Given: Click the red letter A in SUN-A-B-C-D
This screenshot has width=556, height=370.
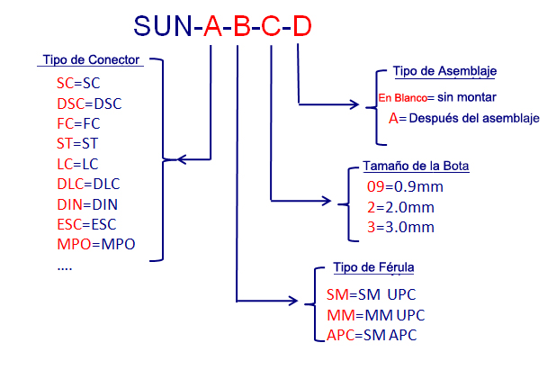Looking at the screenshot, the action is [212, 26].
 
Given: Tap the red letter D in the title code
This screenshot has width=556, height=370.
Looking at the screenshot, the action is [302, 26].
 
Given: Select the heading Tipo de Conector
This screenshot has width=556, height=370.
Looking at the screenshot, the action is [91, 59].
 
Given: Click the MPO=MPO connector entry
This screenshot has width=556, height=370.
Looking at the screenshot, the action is [96, 244].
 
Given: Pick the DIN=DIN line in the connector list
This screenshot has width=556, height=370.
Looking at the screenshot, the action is [87, 204].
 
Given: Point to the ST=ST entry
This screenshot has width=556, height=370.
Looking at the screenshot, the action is [77, 143].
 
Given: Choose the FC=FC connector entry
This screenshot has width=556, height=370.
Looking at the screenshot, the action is [78, 123].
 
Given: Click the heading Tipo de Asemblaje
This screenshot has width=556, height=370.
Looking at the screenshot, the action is [444, 71].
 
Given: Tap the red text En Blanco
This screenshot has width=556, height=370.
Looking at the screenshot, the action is [402, 97].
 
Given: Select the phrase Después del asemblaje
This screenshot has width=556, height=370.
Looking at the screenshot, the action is [474, 118].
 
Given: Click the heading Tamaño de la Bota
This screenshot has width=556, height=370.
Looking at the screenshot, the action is [416, 166].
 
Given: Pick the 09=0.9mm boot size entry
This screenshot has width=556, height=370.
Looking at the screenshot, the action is [405, 186].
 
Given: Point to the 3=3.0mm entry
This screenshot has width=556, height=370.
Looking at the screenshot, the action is [400, 227].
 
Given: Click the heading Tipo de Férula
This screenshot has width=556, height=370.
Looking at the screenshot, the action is [373, 267].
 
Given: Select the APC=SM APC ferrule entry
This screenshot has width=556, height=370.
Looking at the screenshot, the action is [372, 335].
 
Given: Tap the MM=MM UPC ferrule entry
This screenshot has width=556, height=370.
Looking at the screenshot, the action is [376, 315].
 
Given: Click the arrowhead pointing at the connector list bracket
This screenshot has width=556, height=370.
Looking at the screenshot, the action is [181, 159].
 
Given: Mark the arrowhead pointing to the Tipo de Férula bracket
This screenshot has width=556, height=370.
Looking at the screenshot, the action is [293, 301].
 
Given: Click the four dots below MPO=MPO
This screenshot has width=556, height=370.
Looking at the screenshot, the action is [65, 268].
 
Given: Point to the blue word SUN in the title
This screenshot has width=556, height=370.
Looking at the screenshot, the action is [163, 26].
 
